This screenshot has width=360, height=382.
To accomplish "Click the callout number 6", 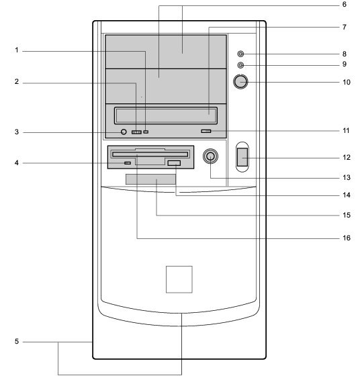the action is pyautogui.click(x=344, y=5).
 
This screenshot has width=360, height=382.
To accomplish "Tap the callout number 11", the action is pyautogui.click(x=346, y=131).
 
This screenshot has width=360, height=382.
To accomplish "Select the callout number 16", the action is pyautogui.click(x=347, y=238).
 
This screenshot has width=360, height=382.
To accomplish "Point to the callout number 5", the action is pyautogui.click(x=17, y=341).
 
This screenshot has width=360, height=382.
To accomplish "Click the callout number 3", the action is pyautogui.click(x=17, y=132).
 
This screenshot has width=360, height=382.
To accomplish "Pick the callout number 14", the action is pyautogui.click(x=347, y=195).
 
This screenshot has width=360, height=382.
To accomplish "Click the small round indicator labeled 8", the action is pyautogui.click(x=240, y=54).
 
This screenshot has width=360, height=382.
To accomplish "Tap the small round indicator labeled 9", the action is pyautogui.click(x=240, y=65).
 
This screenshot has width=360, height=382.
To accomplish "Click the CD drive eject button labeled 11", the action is pyautogui.click(x=206, y=131).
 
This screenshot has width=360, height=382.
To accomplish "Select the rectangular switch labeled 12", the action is pyautogui.click(x=242, y=157).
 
